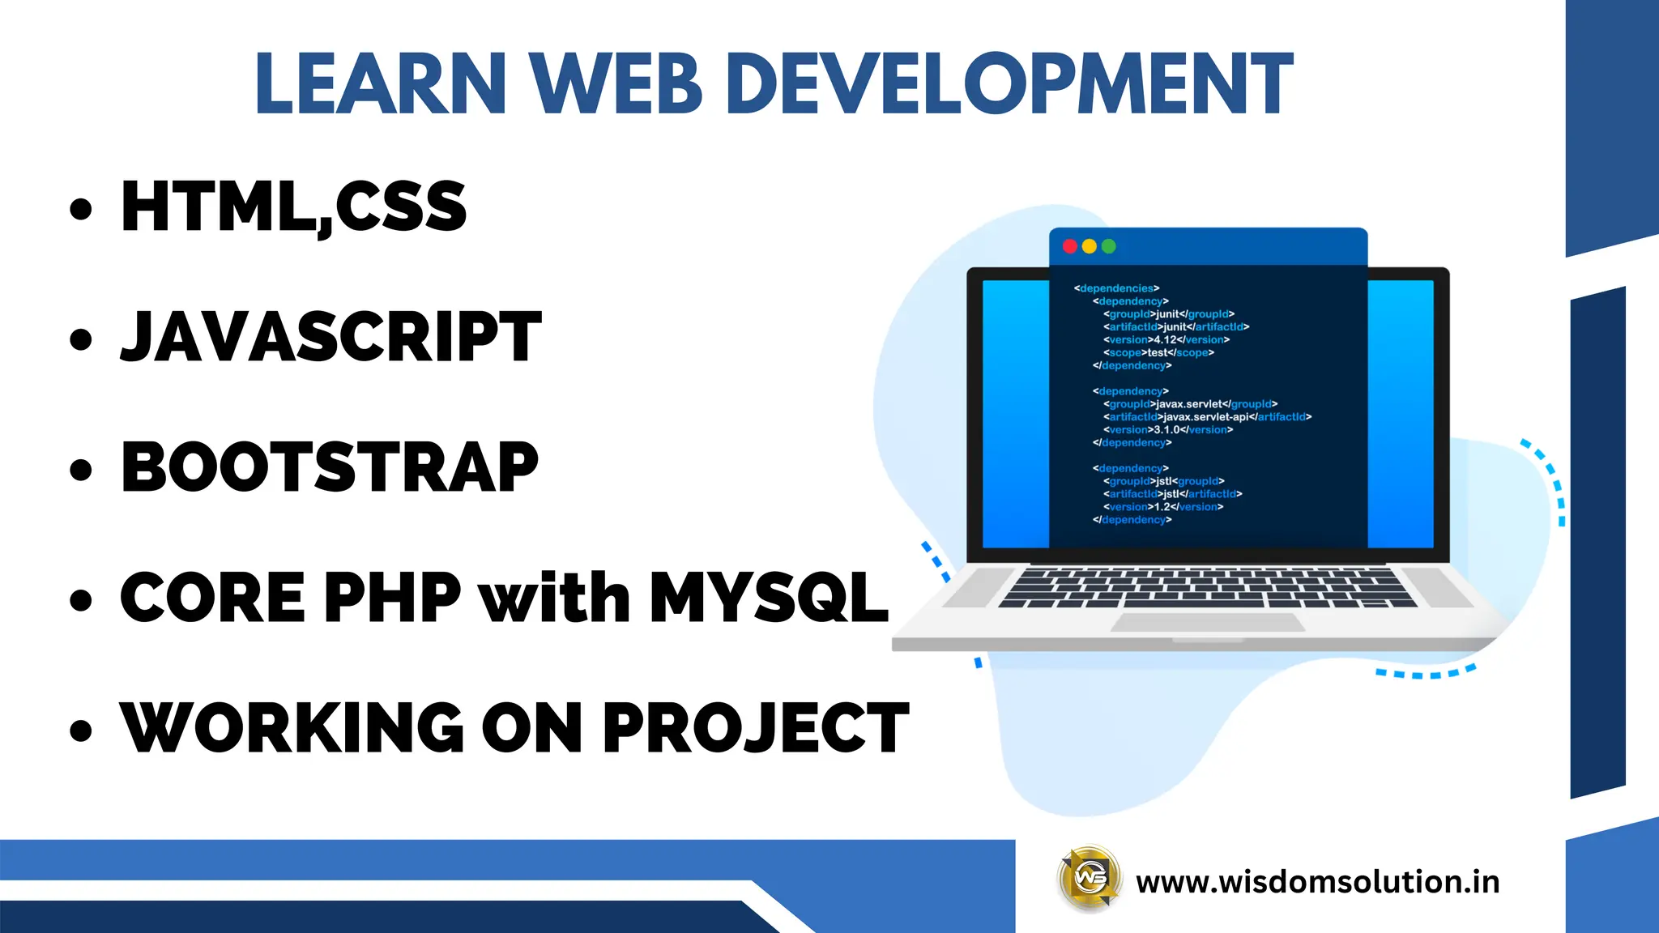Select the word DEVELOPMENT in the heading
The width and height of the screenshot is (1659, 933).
tap(1009, 83)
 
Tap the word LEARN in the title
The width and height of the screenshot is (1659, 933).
tap(381, 83)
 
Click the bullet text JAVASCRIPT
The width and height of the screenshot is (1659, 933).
tap(331, 337)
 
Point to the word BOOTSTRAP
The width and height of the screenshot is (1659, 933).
tap(330, 467)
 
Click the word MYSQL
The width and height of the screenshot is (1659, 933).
tap(768, 598)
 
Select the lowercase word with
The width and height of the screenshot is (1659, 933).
tap(555, 598)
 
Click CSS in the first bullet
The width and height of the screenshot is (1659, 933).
tap(401, 207)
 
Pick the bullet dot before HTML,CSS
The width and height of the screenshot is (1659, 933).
tap(81, 209)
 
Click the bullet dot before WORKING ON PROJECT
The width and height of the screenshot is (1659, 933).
tap(81, 730)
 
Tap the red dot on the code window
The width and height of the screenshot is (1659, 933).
tap(1069, 246)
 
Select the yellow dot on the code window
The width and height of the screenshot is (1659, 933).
tap(1089, 246)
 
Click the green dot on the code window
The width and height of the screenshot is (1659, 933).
tap(1108, 246)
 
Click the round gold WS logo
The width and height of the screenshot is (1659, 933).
tap(1090, 879)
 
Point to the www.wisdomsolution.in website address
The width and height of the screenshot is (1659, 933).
tap(1317, 881)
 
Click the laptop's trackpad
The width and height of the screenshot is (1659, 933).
tap(1207, 622)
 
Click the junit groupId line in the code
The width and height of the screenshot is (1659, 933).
tap(1168, 314)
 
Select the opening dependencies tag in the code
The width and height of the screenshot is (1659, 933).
tap(1116, 288)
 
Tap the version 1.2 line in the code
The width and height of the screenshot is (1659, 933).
tap(1162, 507)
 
